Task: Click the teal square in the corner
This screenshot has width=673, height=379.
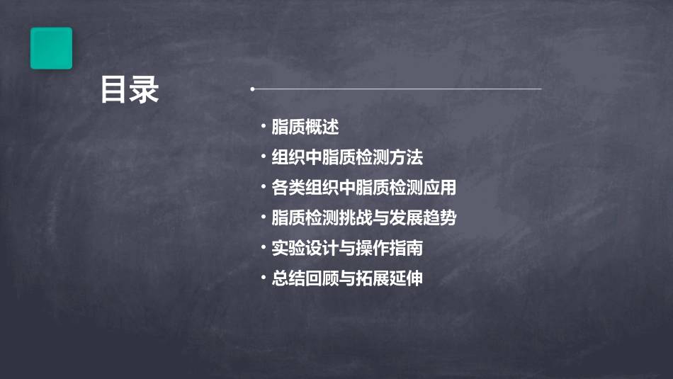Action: point(51,48)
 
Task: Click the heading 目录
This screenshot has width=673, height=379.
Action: point(130,90)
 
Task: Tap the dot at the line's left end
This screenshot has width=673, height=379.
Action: point(252,89)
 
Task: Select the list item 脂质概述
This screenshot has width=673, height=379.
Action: point(305,128)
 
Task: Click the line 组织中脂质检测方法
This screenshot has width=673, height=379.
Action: point(347,157)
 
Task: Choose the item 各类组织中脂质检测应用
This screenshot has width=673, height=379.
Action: point(364,188)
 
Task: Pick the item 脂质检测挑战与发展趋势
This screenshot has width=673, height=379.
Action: point(364,217)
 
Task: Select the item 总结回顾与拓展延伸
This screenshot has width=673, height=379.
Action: point(347,278)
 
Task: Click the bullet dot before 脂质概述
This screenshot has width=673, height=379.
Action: point(264,128)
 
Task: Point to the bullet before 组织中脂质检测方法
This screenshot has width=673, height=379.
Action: point(264,157)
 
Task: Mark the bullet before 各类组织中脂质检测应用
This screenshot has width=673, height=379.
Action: point(264,188)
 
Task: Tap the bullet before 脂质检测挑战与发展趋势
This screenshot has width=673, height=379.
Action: point(264,217)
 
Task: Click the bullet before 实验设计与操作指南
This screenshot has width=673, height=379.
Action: point(264,248)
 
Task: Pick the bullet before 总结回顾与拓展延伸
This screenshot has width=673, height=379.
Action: point(264,278)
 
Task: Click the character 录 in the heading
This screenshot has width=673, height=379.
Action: point(145,90)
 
